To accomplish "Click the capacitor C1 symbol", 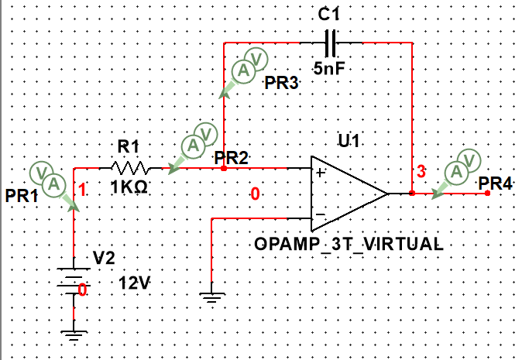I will (x=332, y=42).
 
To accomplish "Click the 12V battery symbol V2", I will (x=74, y=279).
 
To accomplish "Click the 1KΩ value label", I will (x=125, y=188).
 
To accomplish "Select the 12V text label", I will (x=134, y=284).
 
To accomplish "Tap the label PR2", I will (x=232, y=158).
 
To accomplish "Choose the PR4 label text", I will (x=495, y=183).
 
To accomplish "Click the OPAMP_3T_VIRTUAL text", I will (x=349, y=244).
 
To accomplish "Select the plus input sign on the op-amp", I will (x=319, y=172).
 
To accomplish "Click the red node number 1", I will (x=83, y=187).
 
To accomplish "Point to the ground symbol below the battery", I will (x=74, y=336).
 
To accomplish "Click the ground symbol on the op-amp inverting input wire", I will (x=211, y=297).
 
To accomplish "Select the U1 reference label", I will (x=348, y=142).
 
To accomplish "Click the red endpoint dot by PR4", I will (x=487, y=194).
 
